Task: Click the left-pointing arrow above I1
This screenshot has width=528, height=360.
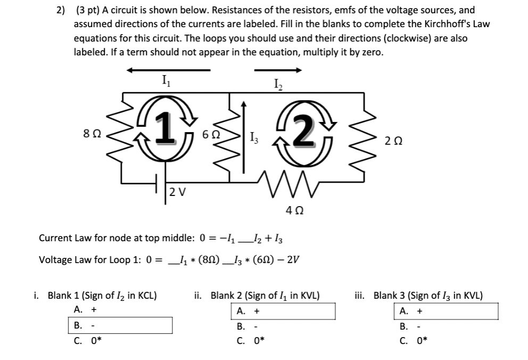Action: tap(168, 70)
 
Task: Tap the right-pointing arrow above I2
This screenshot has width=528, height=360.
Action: tap(278, 70)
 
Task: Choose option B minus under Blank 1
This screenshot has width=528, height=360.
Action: tap(120, 325)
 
